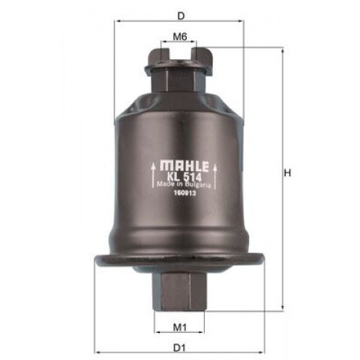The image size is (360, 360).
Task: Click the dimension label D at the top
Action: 181,16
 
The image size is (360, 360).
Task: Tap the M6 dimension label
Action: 180,37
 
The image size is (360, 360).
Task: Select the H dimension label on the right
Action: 287,172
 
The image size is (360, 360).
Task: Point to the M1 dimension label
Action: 180,327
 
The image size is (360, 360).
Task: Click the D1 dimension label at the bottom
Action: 180,348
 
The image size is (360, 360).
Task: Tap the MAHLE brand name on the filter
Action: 184,166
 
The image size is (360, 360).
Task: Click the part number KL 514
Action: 184,177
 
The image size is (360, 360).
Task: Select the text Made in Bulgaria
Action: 184,184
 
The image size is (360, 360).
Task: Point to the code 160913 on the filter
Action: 184,193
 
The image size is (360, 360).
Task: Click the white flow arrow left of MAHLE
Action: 153,175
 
